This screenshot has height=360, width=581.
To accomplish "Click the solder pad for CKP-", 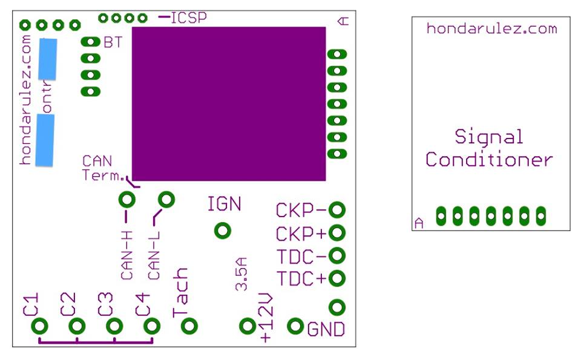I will tap(338, 210).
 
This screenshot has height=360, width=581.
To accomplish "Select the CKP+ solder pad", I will tap(338, 232).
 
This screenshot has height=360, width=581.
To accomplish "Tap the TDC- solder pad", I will tap(338, 256).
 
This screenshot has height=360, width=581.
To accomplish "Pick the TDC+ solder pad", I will tap(338, 278).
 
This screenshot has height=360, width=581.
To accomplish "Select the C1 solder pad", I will tap(40, 326).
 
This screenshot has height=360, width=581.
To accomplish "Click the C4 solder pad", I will tap(152, 326).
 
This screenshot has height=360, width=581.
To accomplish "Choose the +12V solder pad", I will tap(246, 326).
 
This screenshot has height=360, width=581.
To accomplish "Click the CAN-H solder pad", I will tap(127, 199).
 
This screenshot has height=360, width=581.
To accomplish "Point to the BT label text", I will tap(113, 42).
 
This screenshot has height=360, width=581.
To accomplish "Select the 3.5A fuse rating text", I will tap(241, 274).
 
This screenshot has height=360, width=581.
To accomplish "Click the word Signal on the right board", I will tap(489, 136).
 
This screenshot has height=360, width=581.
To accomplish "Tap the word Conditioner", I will tap(489, 160).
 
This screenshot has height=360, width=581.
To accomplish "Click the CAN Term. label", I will tap(100, 168).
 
